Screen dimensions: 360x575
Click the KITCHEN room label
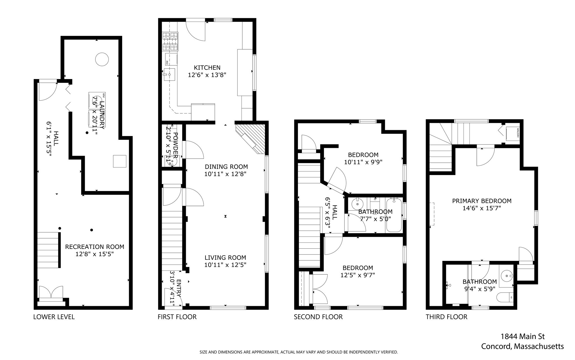207,68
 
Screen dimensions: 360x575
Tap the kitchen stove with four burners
170,42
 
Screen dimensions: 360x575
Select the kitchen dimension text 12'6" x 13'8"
207,75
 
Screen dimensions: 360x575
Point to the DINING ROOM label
226,167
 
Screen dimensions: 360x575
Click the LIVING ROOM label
225,258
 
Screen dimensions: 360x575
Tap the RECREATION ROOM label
95,247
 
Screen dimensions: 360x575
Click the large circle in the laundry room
102,59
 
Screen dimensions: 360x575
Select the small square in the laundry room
120,161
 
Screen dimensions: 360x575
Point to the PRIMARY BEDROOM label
482,201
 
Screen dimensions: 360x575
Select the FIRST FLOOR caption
177,317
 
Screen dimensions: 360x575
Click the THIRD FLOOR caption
446,317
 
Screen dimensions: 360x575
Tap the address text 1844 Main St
522,336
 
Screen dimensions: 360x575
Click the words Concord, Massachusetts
522,347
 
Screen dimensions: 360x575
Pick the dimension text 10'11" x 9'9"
363,162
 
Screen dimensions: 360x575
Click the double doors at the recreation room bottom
51,292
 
